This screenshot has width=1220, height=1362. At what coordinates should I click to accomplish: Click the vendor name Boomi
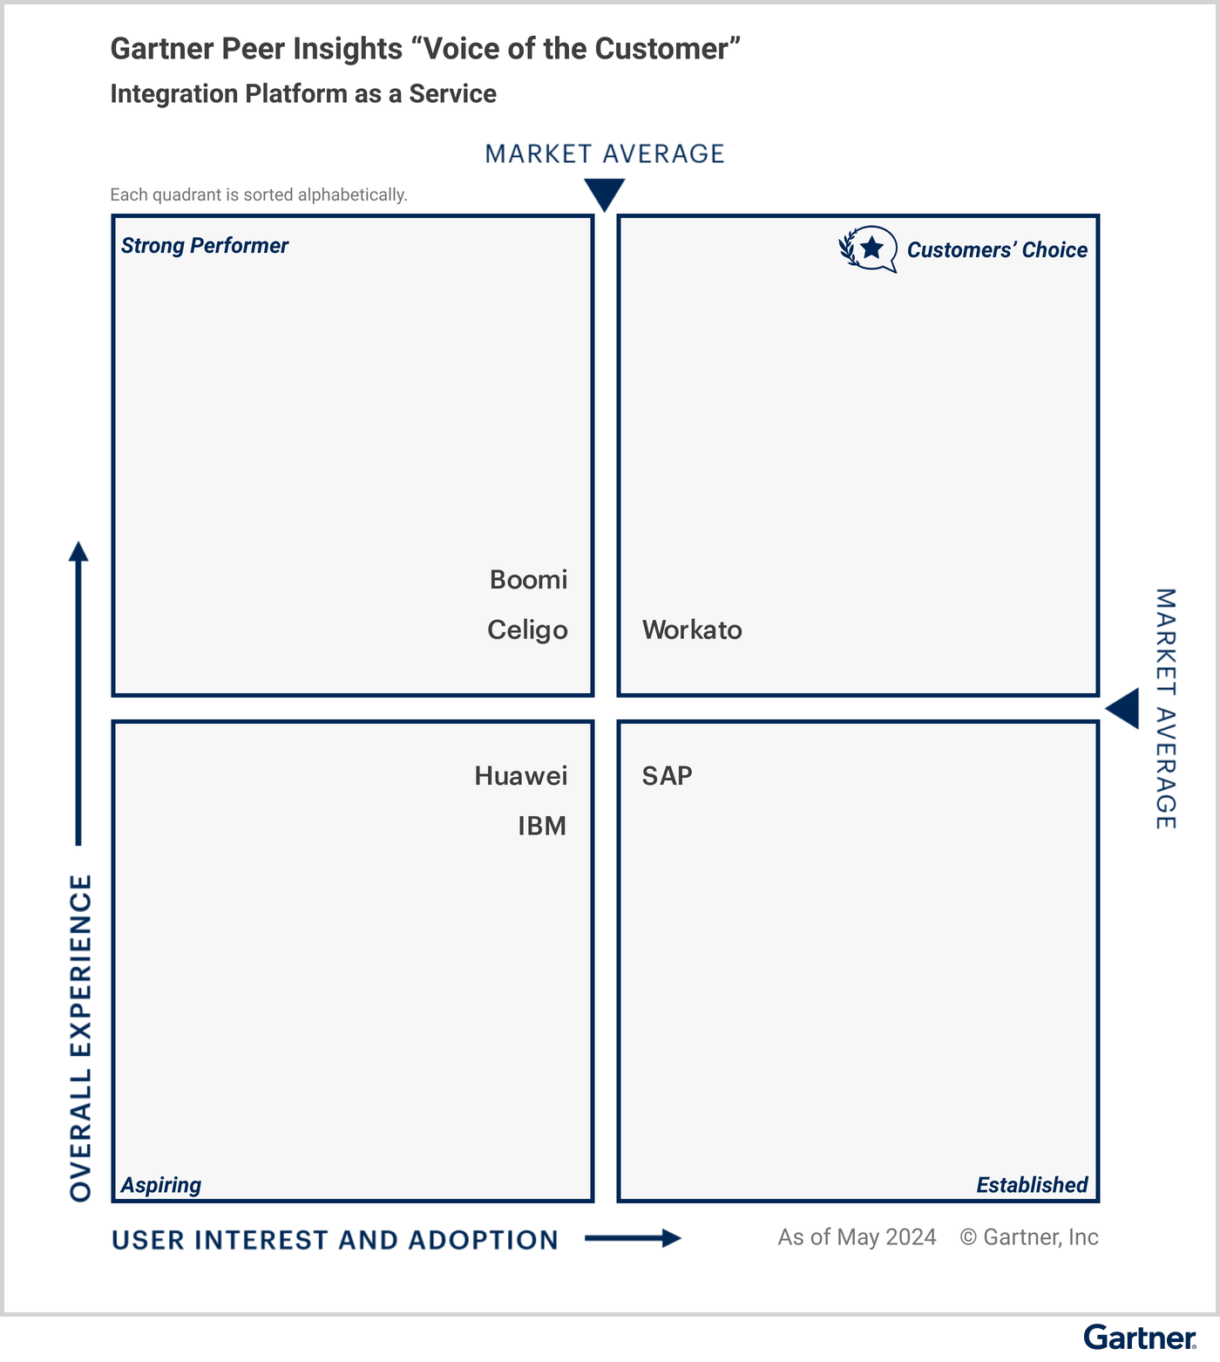[x=528, y=580]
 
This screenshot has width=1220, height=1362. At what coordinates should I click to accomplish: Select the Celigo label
[x=527, y=630]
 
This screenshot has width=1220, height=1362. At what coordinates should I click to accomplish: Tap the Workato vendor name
[x=692, y=630]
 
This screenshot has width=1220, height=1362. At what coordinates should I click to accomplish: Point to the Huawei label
[x=520, y=775]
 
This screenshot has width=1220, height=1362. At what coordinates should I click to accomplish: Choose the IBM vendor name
[x=541, y=825]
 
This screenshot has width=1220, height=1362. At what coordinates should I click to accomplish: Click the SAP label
[x=667, y=775]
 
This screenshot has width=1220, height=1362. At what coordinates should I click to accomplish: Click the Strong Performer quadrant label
[x=204, y=246]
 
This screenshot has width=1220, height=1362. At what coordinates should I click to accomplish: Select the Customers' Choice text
[x=997, y=250]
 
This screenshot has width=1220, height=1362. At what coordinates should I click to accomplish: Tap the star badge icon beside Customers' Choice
[x=869, y=249]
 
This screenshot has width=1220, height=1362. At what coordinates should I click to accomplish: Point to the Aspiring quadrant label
[x=160, y=1185]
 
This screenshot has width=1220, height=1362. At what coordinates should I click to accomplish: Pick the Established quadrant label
[x=1032, y=1185]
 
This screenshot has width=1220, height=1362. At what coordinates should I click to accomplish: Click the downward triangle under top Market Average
[x=604, y=193]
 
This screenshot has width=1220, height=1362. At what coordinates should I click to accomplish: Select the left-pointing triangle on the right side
[x=1124, y=708]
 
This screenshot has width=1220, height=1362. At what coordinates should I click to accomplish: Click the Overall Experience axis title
[x=80, y=1038]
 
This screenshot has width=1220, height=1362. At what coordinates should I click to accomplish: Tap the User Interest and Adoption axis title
[x=335, y=1240]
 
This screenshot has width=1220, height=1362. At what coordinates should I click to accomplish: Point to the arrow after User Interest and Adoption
[x=633, y=1238]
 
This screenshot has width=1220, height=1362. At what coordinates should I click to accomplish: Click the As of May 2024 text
[x=857, y=1237]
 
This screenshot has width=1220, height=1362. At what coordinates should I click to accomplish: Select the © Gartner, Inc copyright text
[x=1029, y=1237]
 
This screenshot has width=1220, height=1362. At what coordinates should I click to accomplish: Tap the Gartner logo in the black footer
[x=1139, y=1338]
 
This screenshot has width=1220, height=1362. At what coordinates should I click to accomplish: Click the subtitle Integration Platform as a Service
[x=303, y=94]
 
